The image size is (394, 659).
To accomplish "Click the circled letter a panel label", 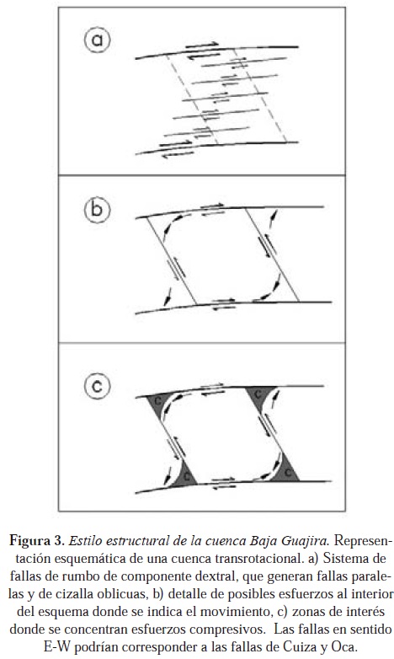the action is tap(97, 40).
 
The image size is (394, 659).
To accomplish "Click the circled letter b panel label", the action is tap(97, 209).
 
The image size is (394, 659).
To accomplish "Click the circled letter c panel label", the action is tap(97, 386).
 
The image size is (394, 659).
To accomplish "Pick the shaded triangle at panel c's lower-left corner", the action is tap(185, 477).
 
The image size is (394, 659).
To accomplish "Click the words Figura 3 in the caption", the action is tap(36, 540).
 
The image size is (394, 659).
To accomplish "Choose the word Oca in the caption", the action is tap(343, 646).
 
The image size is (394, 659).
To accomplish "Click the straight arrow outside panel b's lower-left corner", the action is tap(168, 297).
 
